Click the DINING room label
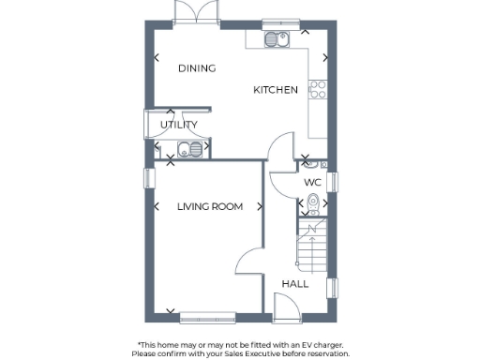197,68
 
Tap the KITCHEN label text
276,90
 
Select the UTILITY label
178,125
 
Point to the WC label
312,182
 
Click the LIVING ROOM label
210,207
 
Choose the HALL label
295,283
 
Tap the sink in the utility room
184,148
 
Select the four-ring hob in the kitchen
318,90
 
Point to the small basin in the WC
313,214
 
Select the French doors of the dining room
185,13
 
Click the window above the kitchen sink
277,24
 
